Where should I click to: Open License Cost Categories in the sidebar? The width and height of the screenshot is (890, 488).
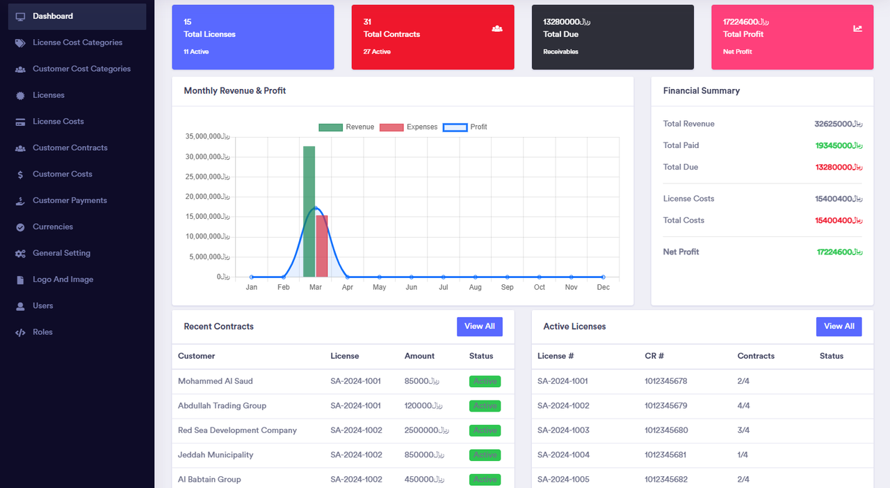(77, 42)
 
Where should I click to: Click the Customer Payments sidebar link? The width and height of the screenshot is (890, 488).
(70, 200)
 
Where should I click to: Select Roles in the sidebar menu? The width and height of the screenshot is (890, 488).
(42, 332)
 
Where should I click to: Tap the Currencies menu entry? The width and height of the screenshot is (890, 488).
(53, 227)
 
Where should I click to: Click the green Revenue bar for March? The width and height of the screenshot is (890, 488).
(309, 209)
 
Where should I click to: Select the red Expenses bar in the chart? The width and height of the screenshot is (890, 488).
(321, 247)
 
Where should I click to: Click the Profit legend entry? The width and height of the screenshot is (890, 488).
(466, 127)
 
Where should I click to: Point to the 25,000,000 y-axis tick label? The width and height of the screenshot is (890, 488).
(207, 177)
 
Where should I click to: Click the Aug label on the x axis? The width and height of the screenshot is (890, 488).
(475, 287)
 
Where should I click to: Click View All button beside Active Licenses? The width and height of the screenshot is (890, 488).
(839, 327)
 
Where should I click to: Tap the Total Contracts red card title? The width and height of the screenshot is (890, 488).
(391, 34)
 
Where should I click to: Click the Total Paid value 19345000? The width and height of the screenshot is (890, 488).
(839, 145)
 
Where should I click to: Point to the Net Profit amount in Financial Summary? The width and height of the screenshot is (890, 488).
(839, 252)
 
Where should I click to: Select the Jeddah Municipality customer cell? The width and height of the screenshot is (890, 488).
(216, 455)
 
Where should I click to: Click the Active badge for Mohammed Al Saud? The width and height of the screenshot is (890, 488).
(485, 381)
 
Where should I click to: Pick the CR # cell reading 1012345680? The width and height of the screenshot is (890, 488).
(665, 430)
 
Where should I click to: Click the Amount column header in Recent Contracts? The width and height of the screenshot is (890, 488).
(419, 356)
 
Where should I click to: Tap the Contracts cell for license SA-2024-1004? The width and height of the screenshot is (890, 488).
(743, 455)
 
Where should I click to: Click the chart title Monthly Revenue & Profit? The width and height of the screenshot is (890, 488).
(234, 90)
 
